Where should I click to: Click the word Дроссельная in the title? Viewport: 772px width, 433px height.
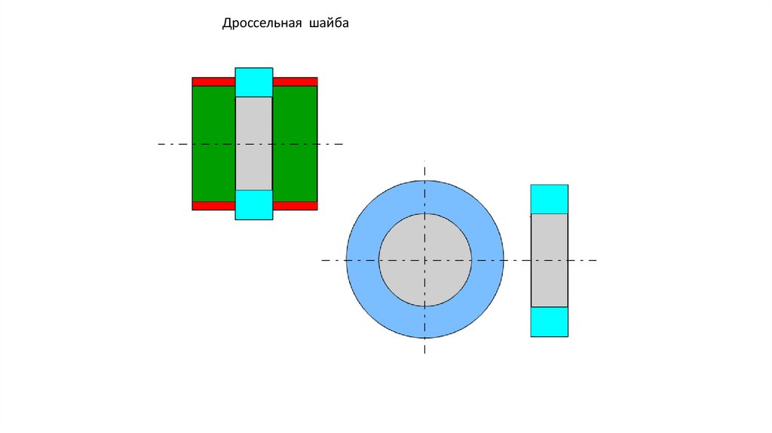pyautogui.click(x=261, y=24)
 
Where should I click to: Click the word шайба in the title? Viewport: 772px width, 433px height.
pyautogui.click(x=328, y=24)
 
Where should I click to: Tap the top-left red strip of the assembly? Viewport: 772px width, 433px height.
pyautogui.click(x=213, y=81)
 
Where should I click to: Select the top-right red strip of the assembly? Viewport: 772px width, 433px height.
pyautogui.click(x=295, y=81)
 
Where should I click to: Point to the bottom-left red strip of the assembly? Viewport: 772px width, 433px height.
pyautogui.click(x=213, y=205)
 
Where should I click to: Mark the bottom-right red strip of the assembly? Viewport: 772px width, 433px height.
pyautogui.click(x=295, y=205)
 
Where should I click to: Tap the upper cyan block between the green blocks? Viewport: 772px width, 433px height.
pyautogui.click(x=253, y=82)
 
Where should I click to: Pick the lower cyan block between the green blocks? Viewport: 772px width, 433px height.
pyautogui.click(x=253, y=204)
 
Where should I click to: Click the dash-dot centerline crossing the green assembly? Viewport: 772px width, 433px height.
pyautogui.click(x=173, y=143)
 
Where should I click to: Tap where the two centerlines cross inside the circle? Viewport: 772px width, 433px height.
pyautogui.click(x=425, y=260)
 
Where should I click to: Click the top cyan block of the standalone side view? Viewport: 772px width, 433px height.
pyautogui.click(x=549, y=199)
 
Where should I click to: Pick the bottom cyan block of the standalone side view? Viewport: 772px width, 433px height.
pyautogui.click(x=549, y=321)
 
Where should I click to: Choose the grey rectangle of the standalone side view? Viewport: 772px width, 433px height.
pyautogui.click(x=549, y=241)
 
